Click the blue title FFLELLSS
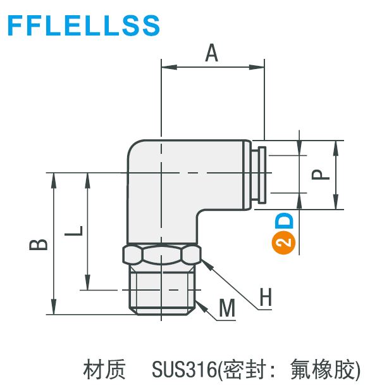pyautogui.click(x=84, y=25)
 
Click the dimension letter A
pyautogui.click(x=212, y=54)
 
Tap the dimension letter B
pyautogui.click(x=38, y=244)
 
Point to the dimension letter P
pyautogui.click(x=320, y=175)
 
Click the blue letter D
pyautogui.click(x=284, y=221)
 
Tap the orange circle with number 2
pyautogui.click(x=284, y=243)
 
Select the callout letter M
pyautogui.click(x=227, y=308)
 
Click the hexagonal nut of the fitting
pyautogui.click(x=162, y=255)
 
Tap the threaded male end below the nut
pyautogui.click(x=162, y=290)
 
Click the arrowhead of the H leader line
pyautogui.click(x=205, y=265)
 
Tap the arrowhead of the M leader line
pyautogui.click(x=200, y=305)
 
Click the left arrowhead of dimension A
pyautogui.click(x=169, y=66)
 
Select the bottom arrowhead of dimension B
pyautogui.click(x=54, y=306)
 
